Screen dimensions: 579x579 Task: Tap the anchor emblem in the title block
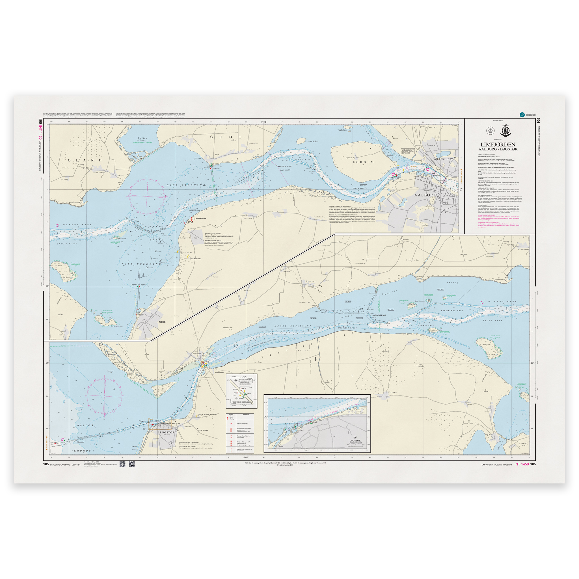505,131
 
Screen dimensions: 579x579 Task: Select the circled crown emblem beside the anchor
490,131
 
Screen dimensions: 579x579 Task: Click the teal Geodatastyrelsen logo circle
522,114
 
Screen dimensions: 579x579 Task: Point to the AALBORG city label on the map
425,195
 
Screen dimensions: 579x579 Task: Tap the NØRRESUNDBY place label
443,159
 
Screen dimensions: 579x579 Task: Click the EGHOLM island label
363,162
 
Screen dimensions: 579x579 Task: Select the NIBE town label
162,322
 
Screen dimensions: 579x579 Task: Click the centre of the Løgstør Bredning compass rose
104,396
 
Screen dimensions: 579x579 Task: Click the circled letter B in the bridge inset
236,381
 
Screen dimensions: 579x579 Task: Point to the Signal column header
231,415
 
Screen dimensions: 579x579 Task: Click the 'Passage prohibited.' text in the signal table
243,424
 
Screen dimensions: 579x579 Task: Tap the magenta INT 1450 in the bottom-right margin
521,464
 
